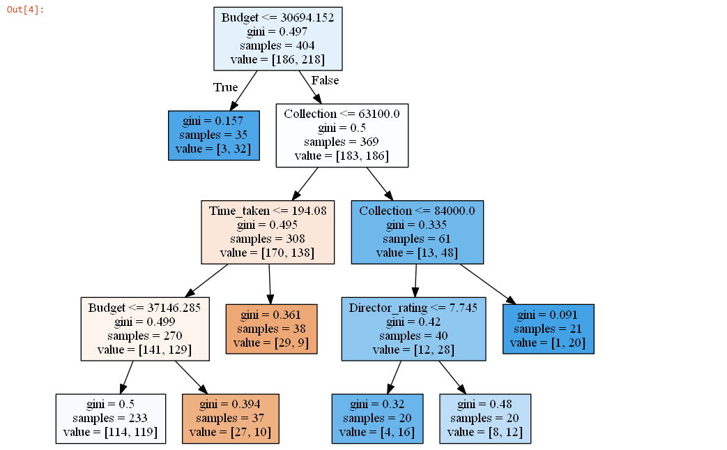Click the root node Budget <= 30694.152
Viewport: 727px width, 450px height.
click(x=278, y=38)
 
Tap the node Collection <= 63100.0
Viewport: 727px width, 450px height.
click(x=342, y=135)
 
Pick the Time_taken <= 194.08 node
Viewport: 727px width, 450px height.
click(x=268, y=232)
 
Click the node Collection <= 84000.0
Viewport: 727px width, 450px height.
click(x=417, y=232)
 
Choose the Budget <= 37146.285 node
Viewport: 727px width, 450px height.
click(x=145, y=329)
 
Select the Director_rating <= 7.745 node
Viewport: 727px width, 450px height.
click(x=413, y=329)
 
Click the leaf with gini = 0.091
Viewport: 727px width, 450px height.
click(x=548, y=329)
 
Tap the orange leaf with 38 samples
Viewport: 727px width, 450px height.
click(x=271, y=329)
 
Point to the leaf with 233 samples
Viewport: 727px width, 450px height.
click(x=111, y=419)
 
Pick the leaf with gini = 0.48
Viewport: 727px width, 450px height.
click(x=485, y=419)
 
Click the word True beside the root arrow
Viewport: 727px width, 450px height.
click(x=225, y=88)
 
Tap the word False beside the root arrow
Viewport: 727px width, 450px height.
click(x=325, y=81)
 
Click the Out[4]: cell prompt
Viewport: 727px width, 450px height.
click(x=25, y=9)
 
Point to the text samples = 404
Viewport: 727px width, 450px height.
click(x=278, y=45)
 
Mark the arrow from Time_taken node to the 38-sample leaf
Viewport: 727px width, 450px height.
click(x=270, y=284)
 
